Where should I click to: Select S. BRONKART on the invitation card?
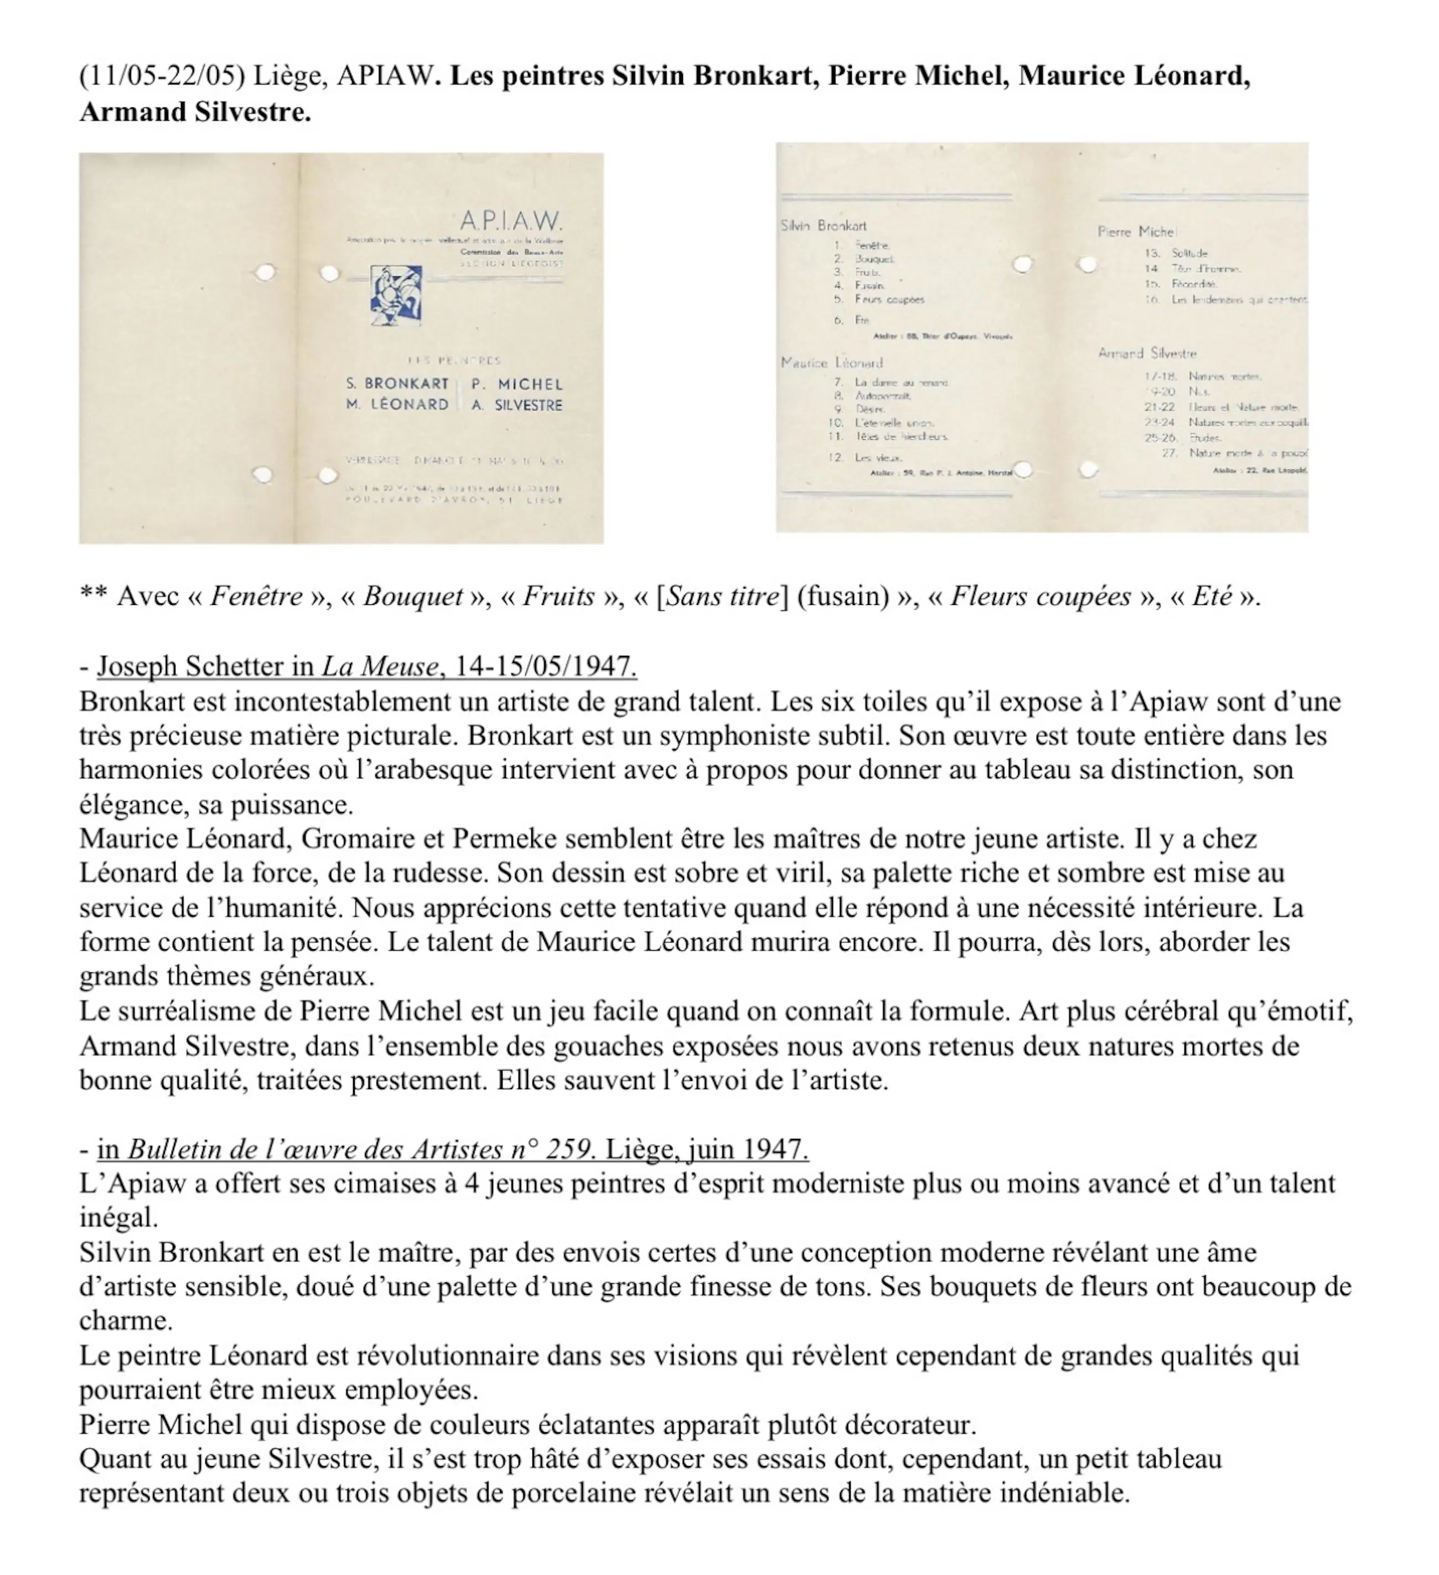397,384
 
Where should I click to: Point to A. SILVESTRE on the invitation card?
516,405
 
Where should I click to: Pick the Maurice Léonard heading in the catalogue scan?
832,362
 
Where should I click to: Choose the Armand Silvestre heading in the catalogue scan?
1147,353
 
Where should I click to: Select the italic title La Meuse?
380,666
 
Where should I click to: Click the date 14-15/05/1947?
545,666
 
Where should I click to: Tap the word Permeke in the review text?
505,838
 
